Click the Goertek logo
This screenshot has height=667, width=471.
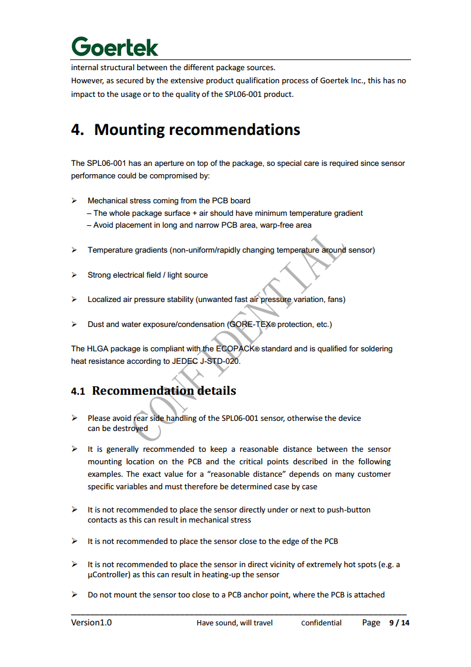tap(115, 46)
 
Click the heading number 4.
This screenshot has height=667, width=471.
tap(77, 130)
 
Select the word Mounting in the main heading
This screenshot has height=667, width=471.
tap(129, 130)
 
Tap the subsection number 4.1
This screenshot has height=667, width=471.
tap(78, 391)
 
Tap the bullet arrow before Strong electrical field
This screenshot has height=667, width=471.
tap(74, 275)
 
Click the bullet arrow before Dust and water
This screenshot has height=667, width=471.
tap(74, 325)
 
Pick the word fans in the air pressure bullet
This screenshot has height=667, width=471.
tap(334, 300)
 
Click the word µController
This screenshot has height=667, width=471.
tap(108, 575)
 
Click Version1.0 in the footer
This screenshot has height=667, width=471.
tap(91, 622)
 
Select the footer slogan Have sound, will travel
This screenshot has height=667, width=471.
tap(235, 623)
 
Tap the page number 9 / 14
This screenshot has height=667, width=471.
tap(399, 623)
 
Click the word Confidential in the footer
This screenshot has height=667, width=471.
tap(321, 623)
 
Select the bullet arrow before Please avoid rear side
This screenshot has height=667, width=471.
tap(74, 419)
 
